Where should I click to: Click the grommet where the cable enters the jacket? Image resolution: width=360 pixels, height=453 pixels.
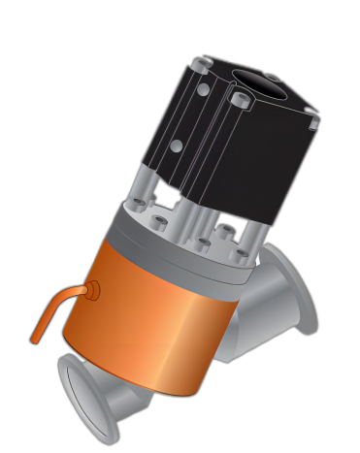93,290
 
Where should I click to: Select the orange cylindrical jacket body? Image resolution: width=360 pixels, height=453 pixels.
155,320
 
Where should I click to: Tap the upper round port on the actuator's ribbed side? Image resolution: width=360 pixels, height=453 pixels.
203,90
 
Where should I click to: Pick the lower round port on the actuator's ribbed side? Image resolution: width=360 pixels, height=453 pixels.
177,146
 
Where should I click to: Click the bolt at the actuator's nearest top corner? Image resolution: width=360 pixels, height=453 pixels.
240,100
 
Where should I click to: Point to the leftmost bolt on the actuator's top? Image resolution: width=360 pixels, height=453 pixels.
199,65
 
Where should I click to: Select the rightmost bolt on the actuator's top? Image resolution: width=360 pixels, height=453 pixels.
313,123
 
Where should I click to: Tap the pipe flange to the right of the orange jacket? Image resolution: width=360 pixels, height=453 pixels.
296,291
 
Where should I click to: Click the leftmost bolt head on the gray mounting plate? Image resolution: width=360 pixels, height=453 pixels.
138,205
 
